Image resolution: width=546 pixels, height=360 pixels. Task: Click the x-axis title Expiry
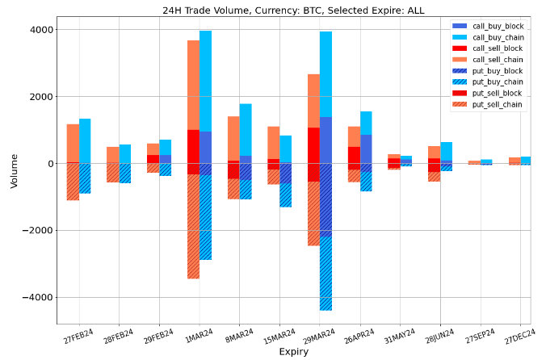293,351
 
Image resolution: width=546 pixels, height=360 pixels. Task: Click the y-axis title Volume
14,171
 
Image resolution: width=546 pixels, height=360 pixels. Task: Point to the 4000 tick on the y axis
42,30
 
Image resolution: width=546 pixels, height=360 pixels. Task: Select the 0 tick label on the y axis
50,164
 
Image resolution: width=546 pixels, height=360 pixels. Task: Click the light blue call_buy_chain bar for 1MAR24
205,81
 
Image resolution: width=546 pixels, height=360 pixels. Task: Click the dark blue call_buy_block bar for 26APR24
366,149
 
